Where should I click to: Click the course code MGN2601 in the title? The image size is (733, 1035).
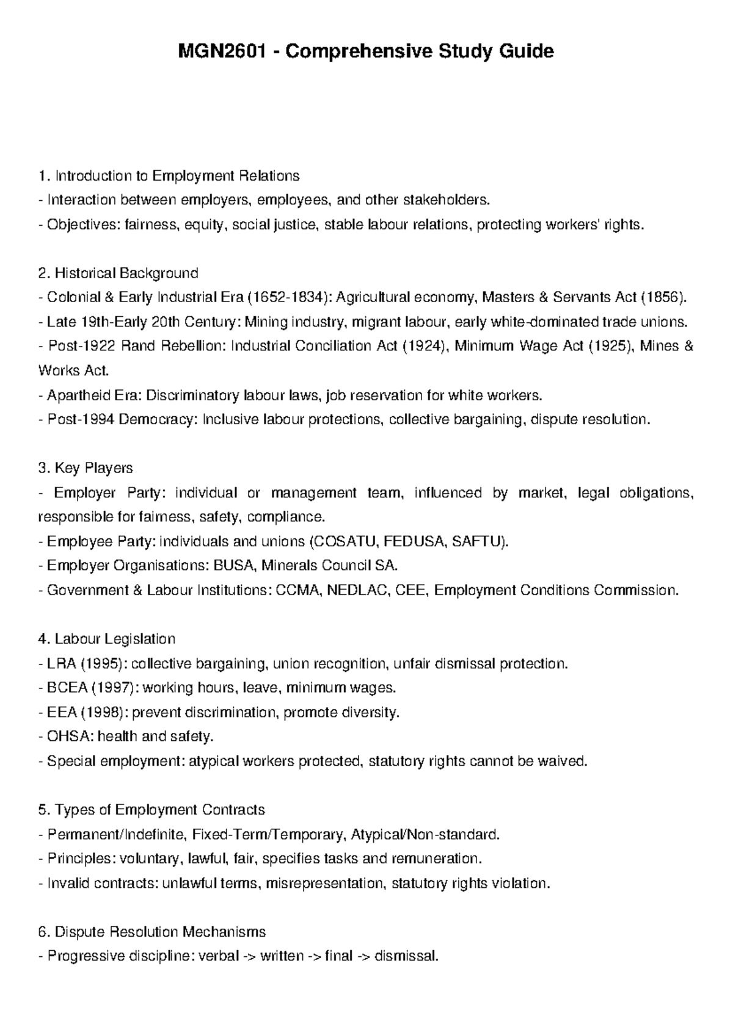point(225,51)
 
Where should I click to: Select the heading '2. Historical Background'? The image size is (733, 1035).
point(118,273)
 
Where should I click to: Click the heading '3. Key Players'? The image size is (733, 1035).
point(86,468)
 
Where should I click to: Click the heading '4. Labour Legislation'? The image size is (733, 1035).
point(106,639)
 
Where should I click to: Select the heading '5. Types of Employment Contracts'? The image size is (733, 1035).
point(151,810)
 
